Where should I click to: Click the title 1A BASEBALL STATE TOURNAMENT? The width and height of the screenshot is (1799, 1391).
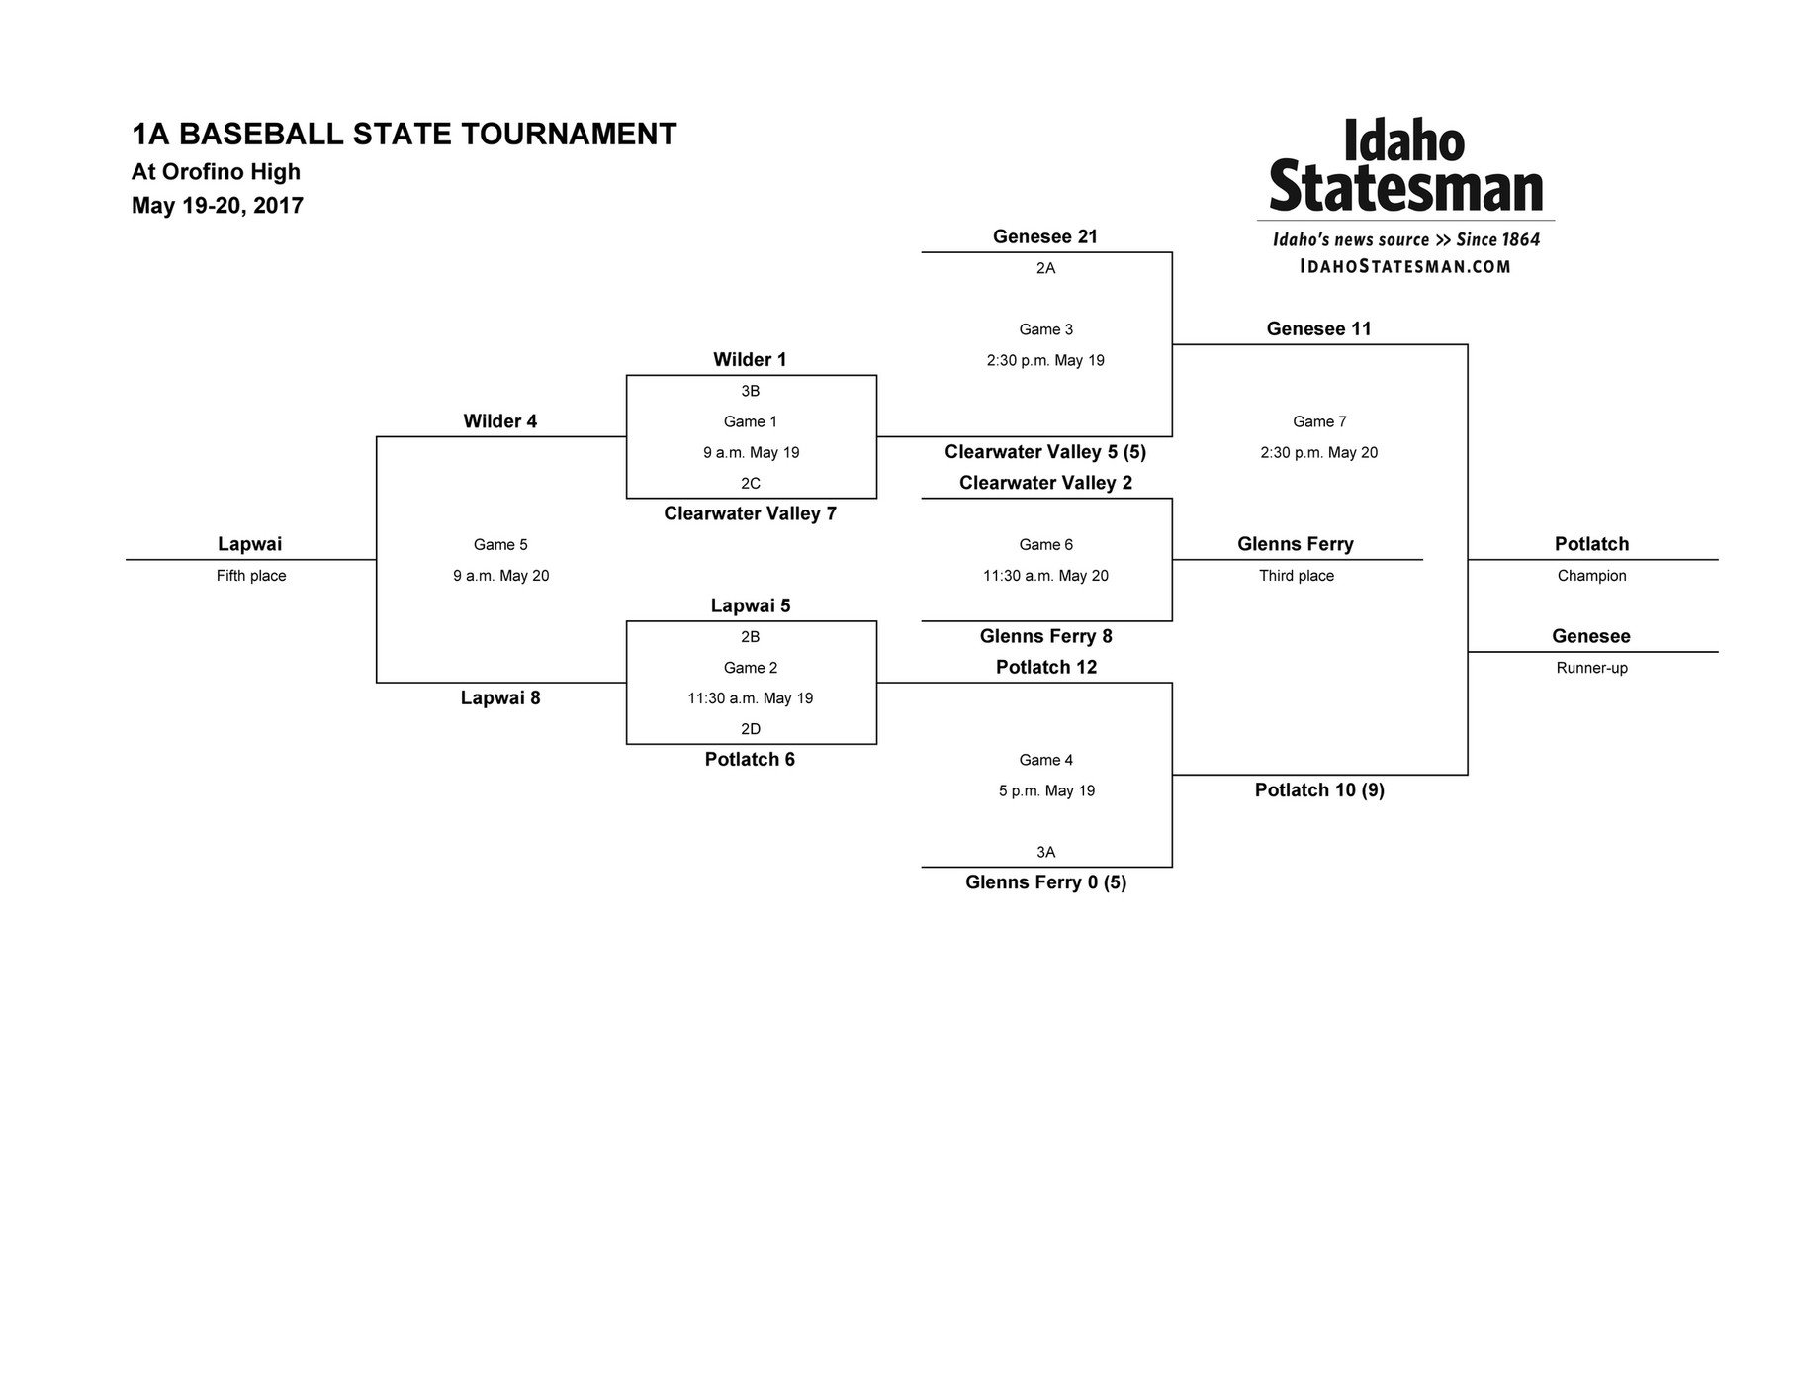404,135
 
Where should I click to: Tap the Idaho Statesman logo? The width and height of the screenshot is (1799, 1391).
1405,166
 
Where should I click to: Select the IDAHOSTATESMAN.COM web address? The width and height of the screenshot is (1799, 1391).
1405,266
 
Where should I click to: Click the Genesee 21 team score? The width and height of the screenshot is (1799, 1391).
1045,236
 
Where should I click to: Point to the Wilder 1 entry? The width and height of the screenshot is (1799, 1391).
750,360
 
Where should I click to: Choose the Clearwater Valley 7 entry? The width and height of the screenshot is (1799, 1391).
750,513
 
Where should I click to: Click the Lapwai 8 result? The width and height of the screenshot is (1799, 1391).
500,698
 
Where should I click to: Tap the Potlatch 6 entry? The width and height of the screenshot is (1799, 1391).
750,760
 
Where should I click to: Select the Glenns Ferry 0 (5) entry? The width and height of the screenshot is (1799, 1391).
1045,882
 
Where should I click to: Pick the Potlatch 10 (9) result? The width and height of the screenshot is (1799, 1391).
1319,790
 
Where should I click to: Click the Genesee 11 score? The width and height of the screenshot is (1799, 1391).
1319,329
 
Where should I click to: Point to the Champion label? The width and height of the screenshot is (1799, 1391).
1591,576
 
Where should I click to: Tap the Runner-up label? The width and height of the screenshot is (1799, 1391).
1591,668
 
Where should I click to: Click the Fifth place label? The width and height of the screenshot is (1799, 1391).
251,576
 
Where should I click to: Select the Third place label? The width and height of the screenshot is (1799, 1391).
1296,576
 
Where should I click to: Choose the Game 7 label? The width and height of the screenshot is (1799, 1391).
1319,422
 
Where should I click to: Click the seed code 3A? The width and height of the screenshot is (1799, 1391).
1045,852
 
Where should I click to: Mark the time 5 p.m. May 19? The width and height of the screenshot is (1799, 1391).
1046,791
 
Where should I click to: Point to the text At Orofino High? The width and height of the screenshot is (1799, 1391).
216,172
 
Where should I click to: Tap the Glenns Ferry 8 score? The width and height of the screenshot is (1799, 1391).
1045,637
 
